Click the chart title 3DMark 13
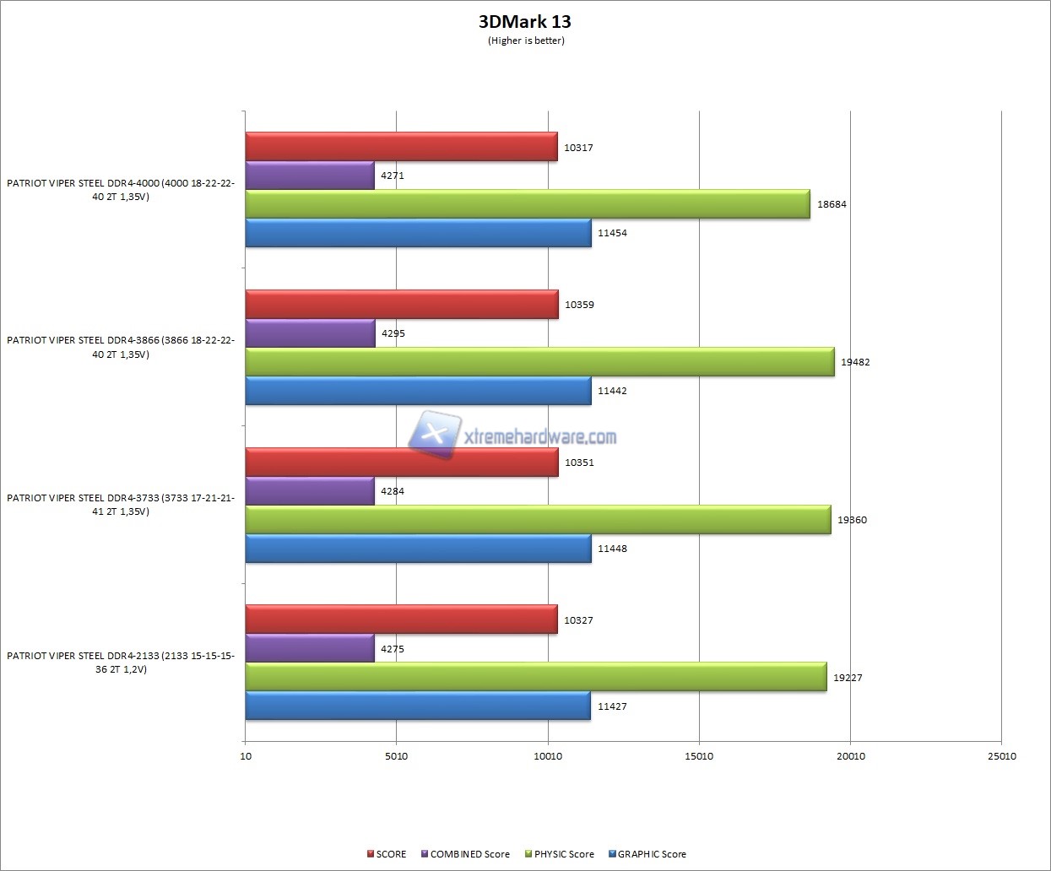pos(524,22)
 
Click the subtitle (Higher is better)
pos(526,41)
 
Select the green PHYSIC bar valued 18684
pos(527,204)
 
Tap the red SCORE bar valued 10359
pos(402,305)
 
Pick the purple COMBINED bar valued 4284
pos(310,491)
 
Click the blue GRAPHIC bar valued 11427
pos(418,706)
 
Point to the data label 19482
pos(855,362)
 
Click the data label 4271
pos(393,176)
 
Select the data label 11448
pos(612,549)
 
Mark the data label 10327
pos(578,620)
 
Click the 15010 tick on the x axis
pos(699,756)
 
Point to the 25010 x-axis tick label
pos(1002,756)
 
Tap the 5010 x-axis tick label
pos(396,756)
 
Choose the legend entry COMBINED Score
pos(469,854)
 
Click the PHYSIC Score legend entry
pos(563,854)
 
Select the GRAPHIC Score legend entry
pos(651,854)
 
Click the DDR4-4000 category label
pos(121,190)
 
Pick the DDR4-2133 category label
pos(121,663)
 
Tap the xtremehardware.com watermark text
pos(540,436)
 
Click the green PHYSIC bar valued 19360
pos(538,520)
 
